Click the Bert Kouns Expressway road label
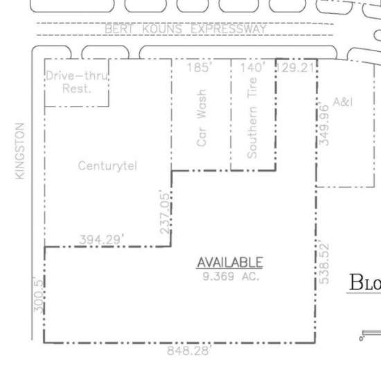[x=186, y=29]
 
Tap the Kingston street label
[x=20, y=152]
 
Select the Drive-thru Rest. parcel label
[x=77, y=82]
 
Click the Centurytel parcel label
[x=107, y=166]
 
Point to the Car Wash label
[x=202, y=118]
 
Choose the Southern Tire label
[x=251, y=118]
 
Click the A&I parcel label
[x=343, y=102]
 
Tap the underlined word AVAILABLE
[x=230, y=262]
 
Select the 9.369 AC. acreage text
[x=231, y=276]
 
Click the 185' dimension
[x=198, y=67]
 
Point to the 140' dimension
[x=253, y=67]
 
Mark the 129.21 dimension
[x=296, y=68]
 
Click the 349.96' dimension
[x=324, y=125]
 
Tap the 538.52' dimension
[x=324, y=262]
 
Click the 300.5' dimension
[x=38, y=294]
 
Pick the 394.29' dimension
[x=102, y=240]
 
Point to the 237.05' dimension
[x=165, y=212]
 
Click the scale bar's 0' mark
[x=362, y=338]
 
